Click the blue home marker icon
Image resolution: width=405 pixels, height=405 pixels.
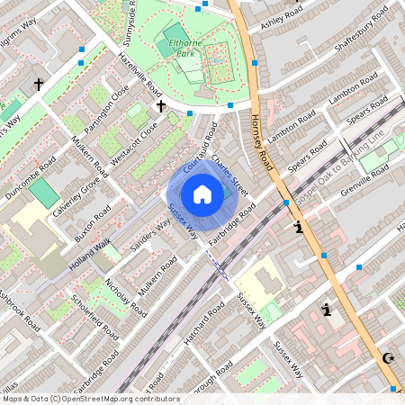tap(202, 193)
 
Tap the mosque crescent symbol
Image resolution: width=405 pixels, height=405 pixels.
tap(389, 358)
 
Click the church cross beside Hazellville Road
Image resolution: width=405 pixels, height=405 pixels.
tap(161, 106)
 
